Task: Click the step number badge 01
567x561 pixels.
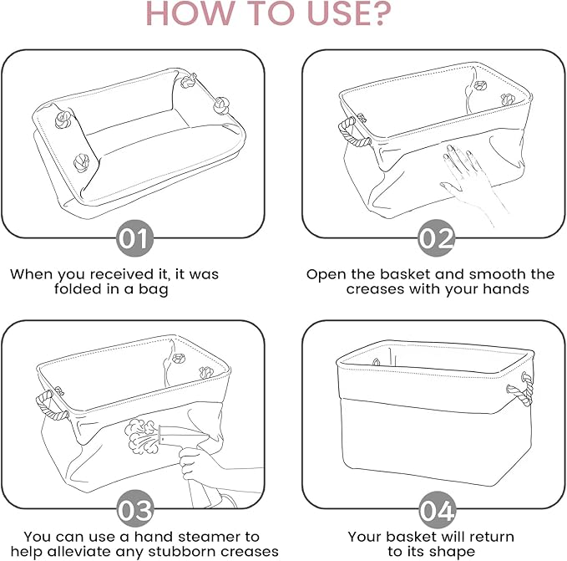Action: [135, 238]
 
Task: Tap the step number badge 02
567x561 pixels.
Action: [436, 238]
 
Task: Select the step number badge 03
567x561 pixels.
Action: [135, 509]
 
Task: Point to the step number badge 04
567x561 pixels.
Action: [437, 510]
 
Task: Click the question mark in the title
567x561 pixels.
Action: [380, 13]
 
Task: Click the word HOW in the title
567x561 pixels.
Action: [190, 13]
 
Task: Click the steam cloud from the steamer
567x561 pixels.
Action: [141, 436]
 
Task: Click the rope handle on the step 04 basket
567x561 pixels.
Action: [521, 390]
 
